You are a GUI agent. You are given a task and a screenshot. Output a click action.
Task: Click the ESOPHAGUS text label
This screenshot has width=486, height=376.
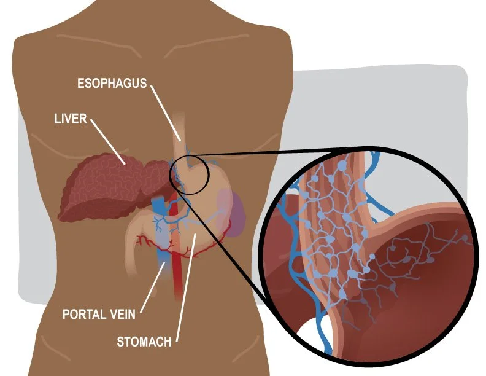point(112,83)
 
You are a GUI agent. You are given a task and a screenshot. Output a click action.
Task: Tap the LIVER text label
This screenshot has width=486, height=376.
point(71,118)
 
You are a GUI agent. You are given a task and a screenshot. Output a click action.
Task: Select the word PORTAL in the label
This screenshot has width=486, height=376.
point(85,315)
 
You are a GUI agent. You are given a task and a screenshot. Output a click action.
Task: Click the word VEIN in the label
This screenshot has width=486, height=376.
point(122,315)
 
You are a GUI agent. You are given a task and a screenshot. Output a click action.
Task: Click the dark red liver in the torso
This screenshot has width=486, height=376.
point(104,184)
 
